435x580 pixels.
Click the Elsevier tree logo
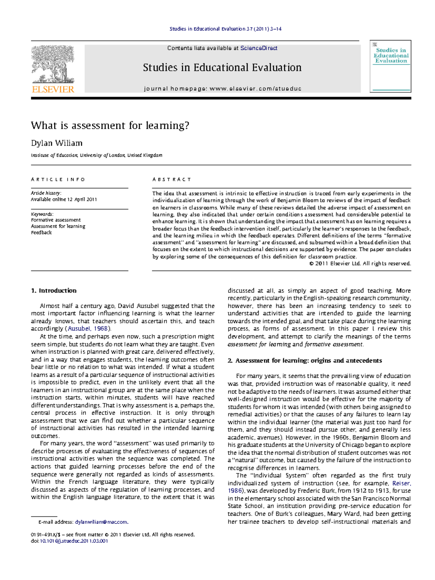coord(53,64)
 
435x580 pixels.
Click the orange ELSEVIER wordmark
coord(53,89)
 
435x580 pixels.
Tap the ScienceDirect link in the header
coord(259,48)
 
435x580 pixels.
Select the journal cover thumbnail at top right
coord(390,66)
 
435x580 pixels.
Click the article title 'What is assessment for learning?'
coord(110,126)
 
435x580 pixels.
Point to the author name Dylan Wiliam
coord(57,143)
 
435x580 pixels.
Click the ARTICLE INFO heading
coord(58,180)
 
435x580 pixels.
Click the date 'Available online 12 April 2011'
coord(64,199)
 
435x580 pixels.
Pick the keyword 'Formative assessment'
coord(56,220)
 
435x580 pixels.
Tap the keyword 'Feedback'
coord(41,233)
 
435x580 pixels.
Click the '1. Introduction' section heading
coord(54,291)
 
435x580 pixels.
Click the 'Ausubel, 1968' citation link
coord(88,329)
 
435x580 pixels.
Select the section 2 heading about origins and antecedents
coord(304,361)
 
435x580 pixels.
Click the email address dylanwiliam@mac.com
coord(101,522)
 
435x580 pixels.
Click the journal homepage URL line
coord(223,89)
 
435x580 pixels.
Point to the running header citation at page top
coord(225,29)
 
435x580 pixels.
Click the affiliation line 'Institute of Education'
coord(96,155)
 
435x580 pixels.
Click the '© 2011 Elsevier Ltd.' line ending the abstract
coord(360,264)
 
